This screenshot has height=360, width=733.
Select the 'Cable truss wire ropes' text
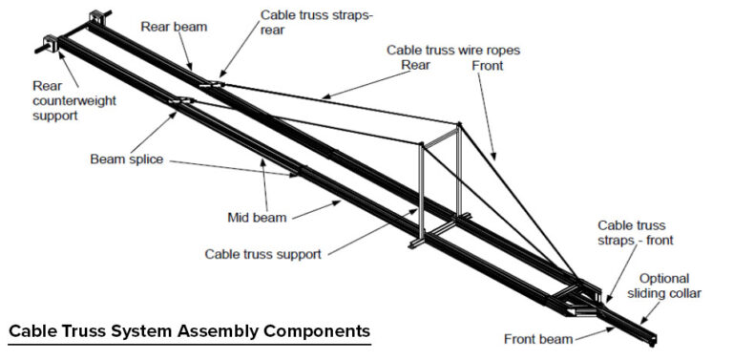click(451, 50)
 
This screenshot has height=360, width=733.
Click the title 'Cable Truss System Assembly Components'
click(189, 331)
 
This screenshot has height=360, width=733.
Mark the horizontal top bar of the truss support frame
click(440, 134)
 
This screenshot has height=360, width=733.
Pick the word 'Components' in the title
click(316, 331)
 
